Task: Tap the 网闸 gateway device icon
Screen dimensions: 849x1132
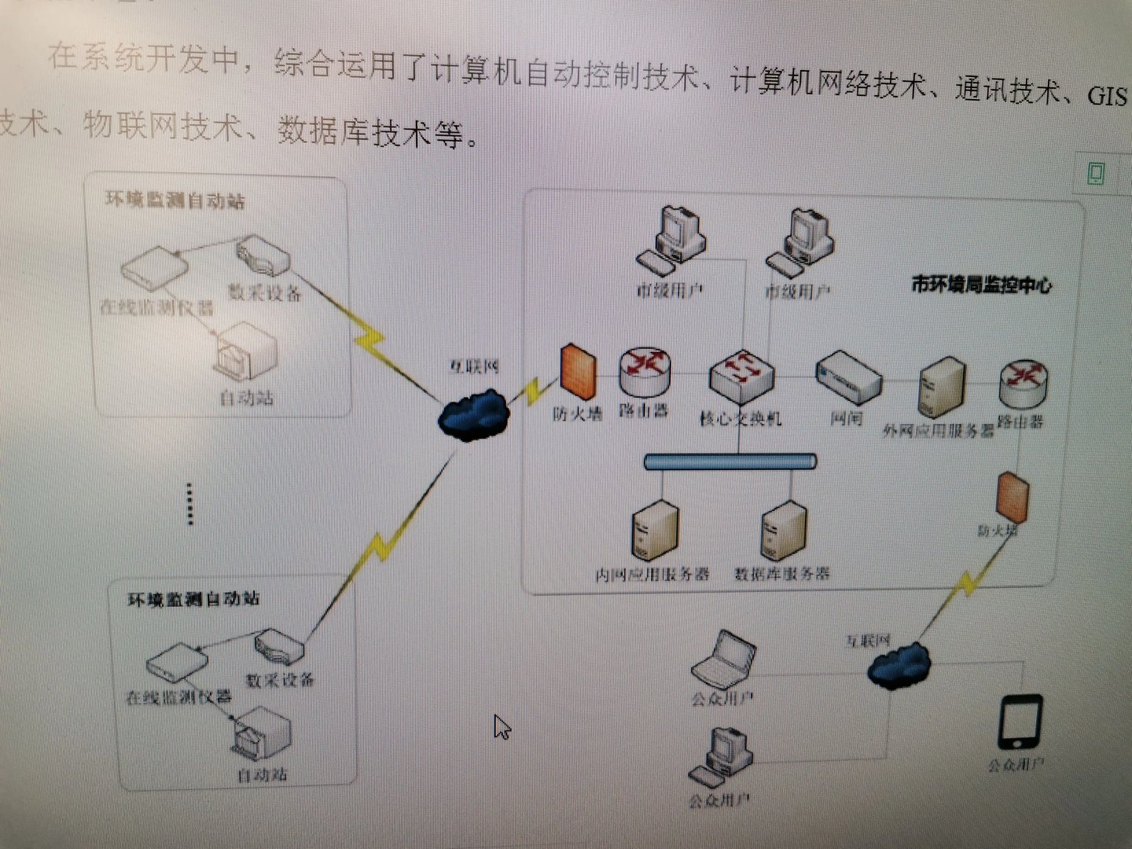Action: pyautogui.click(x=848, y=377)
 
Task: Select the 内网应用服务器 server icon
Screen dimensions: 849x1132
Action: pyautogui.click(x=655, y=531)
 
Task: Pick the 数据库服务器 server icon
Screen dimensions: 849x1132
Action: pyautogui.click(x=783, y=531)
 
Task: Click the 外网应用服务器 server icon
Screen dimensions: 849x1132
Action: pyautogui.click(x=941, y=388)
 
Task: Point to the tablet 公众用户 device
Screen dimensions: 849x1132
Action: pyautogui.click(x=1020, y=722)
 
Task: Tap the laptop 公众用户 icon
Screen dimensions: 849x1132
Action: pyautogui.click(x=723, y=659)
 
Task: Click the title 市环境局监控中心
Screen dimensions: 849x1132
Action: pyautogui.click(x=981, y=284)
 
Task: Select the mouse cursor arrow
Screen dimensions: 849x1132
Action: pyautogui.click(x=502, y=726)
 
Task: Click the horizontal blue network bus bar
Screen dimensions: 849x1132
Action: pyautogui.click(x=730, y=461)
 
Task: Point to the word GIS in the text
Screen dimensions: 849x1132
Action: pyautogui.click(x=1107, y=96)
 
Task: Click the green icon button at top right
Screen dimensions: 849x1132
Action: pyautogui.click(x=1096, y=172)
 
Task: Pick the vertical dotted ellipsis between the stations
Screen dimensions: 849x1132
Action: pyautogui.click(x=189, y=503)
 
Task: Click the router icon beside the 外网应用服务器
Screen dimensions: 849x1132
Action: pyautogui.click(x=1023, y=384)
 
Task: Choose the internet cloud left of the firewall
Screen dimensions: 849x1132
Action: pyautogui.click(x=473, y=417)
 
